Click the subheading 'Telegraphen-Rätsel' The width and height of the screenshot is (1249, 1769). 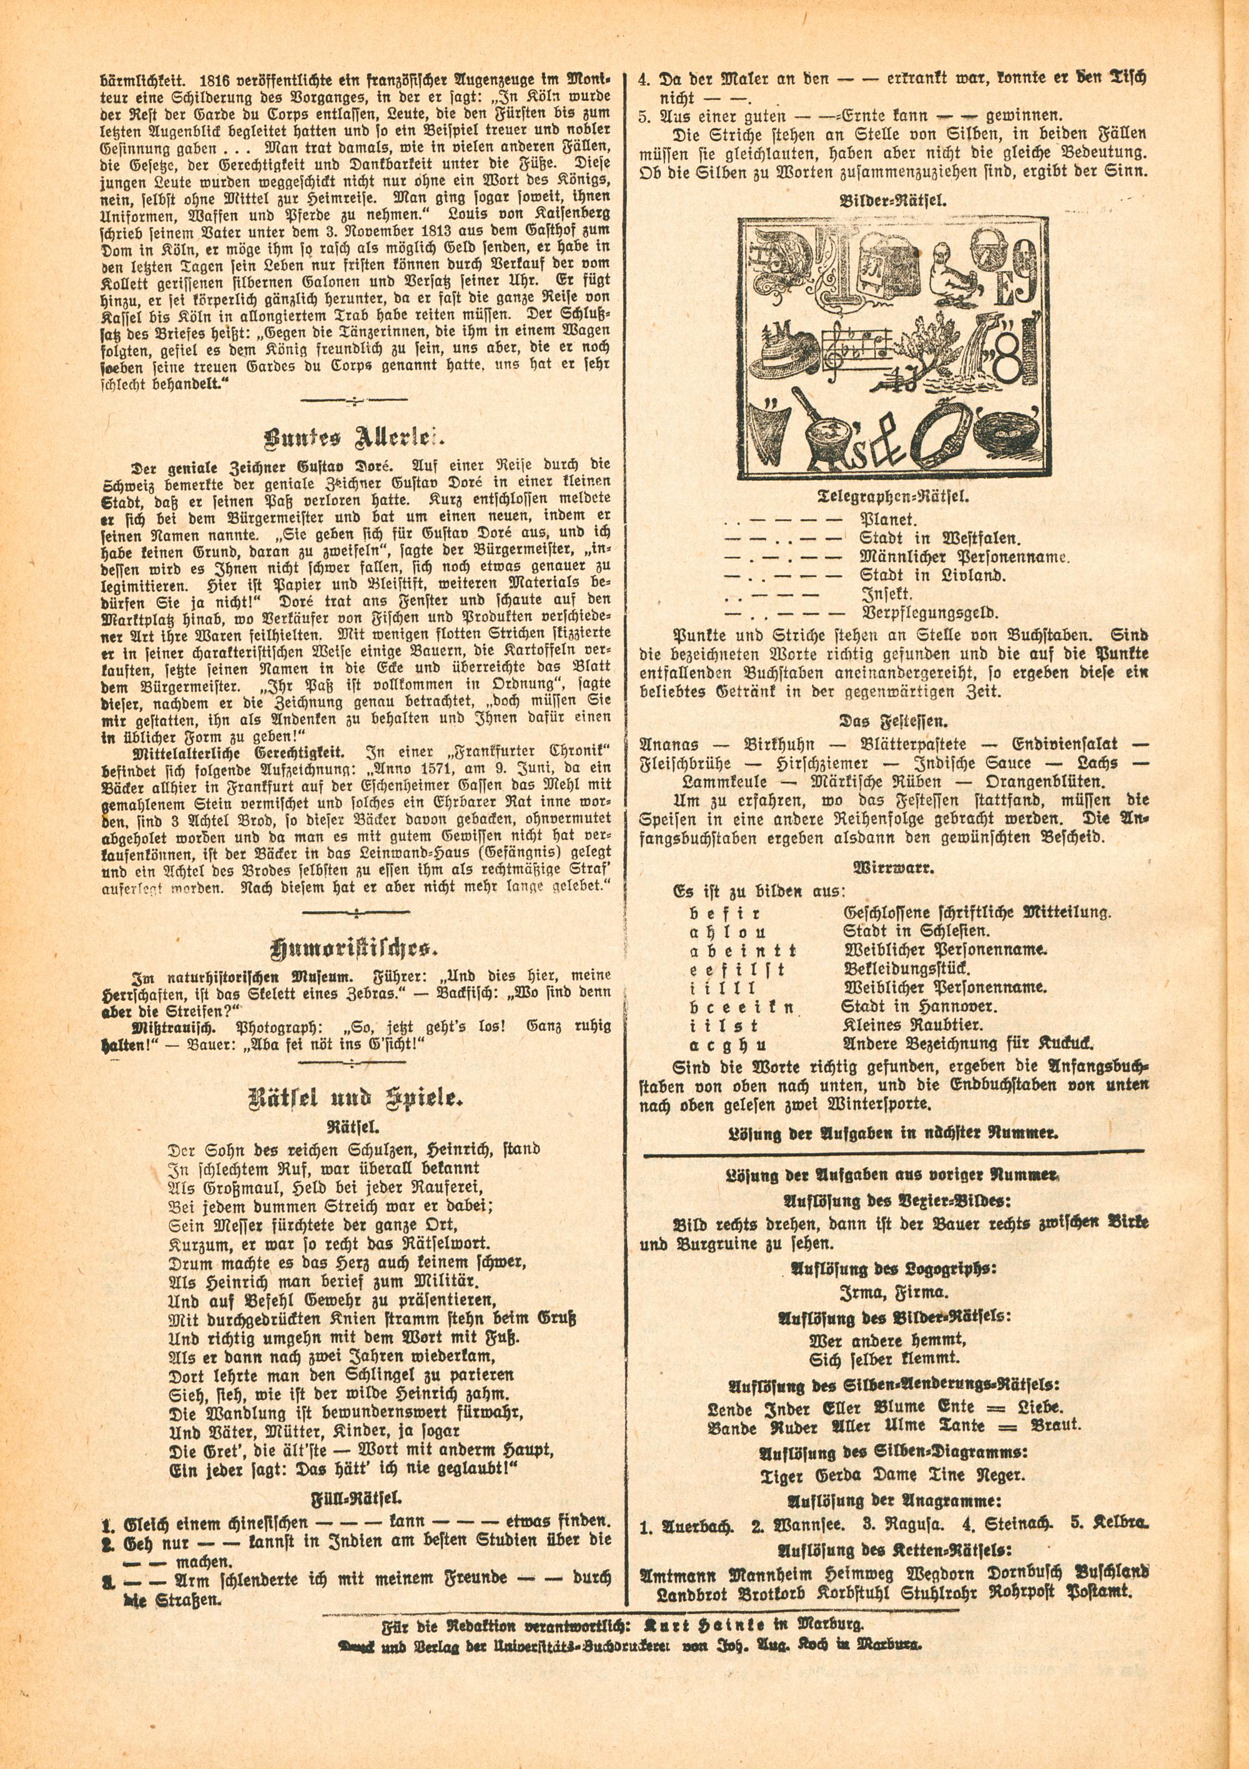point(893,497)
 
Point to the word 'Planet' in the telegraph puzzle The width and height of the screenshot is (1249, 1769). point(889,520)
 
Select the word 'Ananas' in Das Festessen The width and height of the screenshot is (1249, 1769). point(669,745)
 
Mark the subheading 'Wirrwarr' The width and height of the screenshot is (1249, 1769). point(894,867)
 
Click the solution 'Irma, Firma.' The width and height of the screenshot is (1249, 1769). point(894,1292)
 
